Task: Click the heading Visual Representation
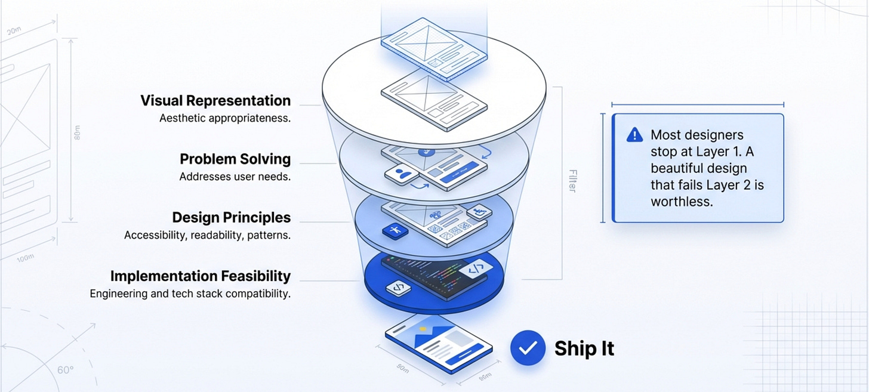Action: [215, 100]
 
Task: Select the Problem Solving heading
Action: [235, 159]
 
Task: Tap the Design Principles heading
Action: [231, 217]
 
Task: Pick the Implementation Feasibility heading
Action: [201, 276]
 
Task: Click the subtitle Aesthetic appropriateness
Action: [225, 118]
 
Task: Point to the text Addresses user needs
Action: [235, 177]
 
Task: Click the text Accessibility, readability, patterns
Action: [207, 235]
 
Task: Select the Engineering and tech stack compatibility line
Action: [190, 294]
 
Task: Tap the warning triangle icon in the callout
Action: [634, 135]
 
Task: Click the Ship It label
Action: [584, 348]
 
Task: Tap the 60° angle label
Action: [65, 370]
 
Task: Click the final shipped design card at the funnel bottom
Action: [439, 348]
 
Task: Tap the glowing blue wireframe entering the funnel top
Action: [433, 48]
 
